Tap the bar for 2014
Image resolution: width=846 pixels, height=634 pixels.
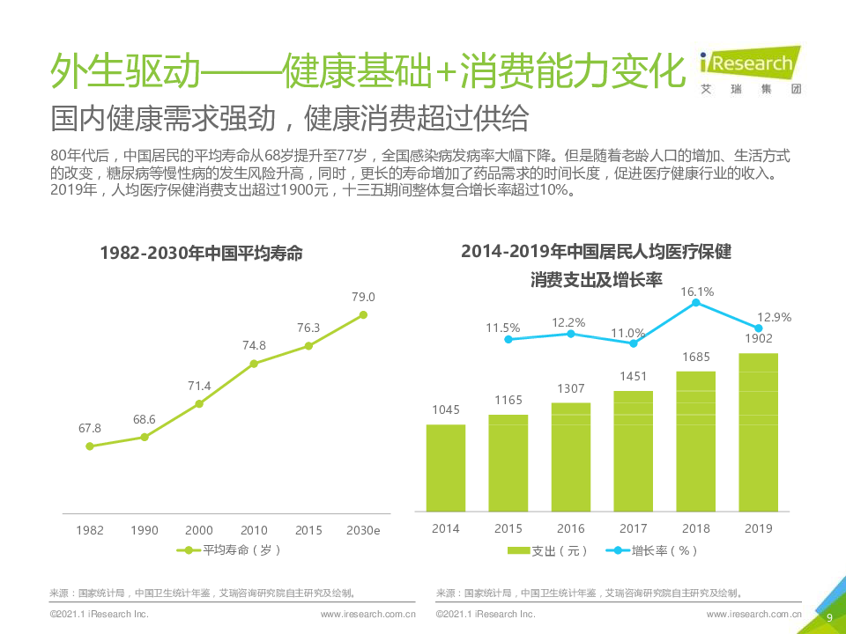coord(446,467)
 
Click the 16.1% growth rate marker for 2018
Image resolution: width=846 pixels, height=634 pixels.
coord(696,303)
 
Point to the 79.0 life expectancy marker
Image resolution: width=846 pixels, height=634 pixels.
coord(363,314)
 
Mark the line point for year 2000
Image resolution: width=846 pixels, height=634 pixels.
coord(199,404)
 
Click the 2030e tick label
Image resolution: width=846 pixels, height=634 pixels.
coord(363,530)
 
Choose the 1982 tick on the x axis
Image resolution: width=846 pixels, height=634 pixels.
coord(90,530)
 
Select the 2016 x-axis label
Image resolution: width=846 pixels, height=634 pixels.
coord(571,528)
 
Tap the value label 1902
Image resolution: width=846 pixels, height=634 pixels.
coord(758,339)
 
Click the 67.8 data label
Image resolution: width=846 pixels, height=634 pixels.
coord(90,428)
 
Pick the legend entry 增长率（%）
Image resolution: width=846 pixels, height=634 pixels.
coord(653,551)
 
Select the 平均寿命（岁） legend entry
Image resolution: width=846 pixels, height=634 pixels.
coord(228,550)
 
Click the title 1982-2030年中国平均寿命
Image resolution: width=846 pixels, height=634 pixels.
coord(201,253)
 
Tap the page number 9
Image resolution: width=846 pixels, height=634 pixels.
coord(829,617)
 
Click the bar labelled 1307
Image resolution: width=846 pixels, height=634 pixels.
coord(571,456)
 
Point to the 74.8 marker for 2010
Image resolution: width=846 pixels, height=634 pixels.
coord(254,363)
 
